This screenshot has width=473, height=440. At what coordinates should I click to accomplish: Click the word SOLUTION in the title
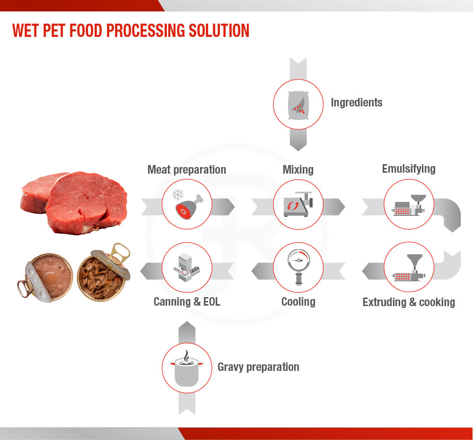(x=219, y=30)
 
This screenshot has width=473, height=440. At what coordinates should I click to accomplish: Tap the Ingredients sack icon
(x=298, y=105)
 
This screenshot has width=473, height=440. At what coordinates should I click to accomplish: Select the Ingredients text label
(x=357, y=103)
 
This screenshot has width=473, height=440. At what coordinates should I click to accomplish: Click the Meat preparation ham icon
(x=189, y=207)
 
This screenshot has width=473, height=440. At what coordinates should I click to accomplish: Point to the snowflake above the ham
(x=178, y=194)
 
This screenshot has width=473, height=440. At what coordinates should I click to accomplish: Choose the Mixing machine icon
(x=298, y=204)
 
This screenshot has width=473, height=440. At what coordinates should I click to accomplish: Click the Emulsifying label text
(x=409, y=169)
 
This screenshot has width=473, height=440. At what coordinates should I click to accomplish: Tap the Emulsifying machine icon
(x=409, y=205)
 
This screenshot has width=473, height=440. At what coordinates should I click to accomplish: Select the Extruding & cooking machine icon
(x=409, y=268)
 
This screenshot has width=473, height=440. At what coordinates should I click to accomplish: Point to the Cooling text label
(x=298, y=302)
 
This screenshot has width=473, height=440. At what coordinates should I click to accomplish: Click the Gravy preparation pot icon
(x=187, y=368)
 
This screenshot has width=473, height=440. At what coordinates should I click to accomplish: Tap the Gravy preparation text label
(x=259, y=367)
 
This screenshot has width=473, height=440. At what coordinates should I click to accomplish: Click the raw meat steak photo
(x=74, y=202)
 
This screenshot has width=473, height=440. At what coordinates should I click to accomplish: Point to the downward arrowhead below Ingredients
(x=298, y=146)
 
